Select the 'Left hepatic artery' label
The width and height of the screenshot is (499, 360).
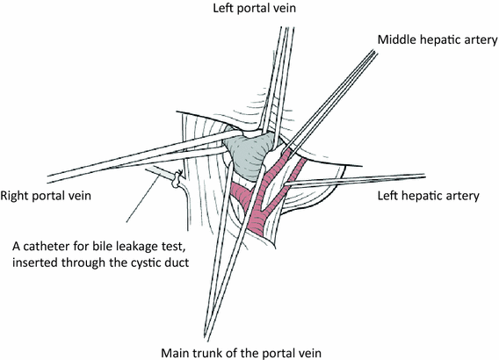pyautogui.click(x=428, y=196)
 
